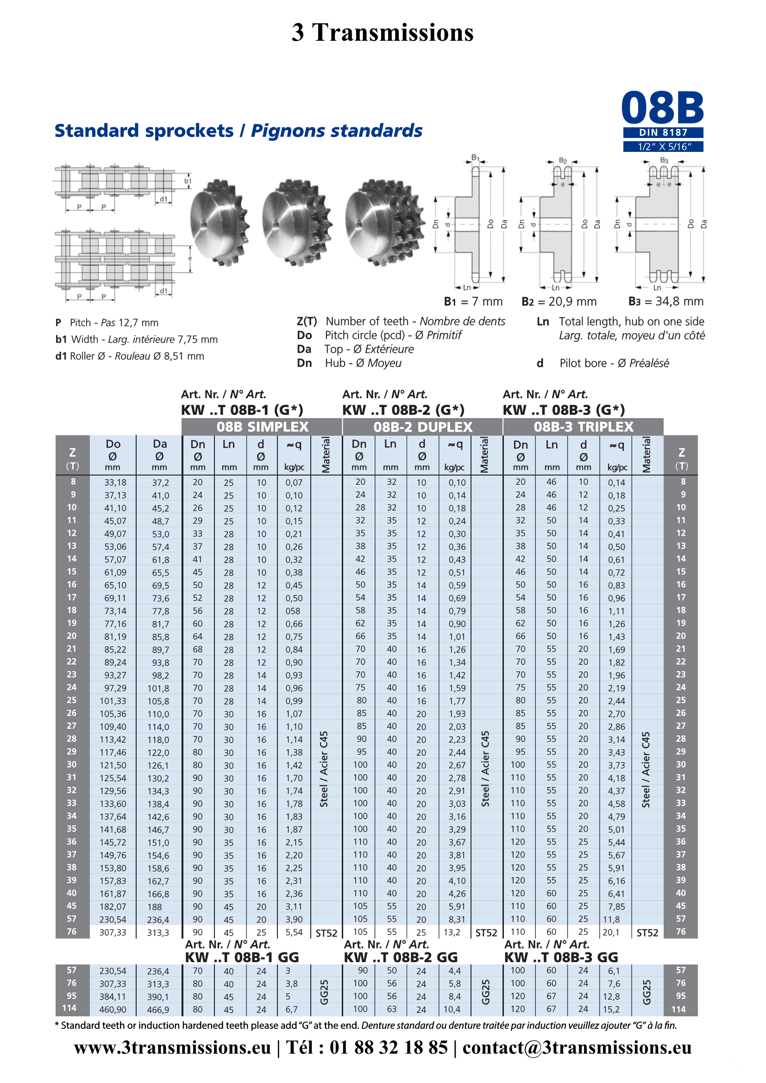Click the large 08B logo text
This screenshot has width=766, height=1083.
[663, 108]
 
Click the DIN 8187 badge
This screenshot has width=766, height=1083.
[663, 132]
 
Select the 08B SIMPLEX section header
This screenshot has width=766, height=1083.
[262, 427]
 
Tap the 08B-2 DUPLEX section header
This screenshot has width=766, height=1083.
[423, 427]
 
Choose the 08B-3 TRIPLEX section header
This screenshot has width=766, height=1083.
[584, 427]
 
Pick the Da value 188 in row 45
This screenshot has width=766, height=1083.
[154, 907]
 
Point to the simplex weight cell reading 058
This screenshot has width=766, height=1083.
[292, 611]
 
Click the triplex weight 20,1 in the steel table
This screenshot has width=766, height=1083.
[611, 933]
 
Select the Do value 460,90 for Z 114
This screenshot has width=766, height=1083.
[113, 1009]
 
